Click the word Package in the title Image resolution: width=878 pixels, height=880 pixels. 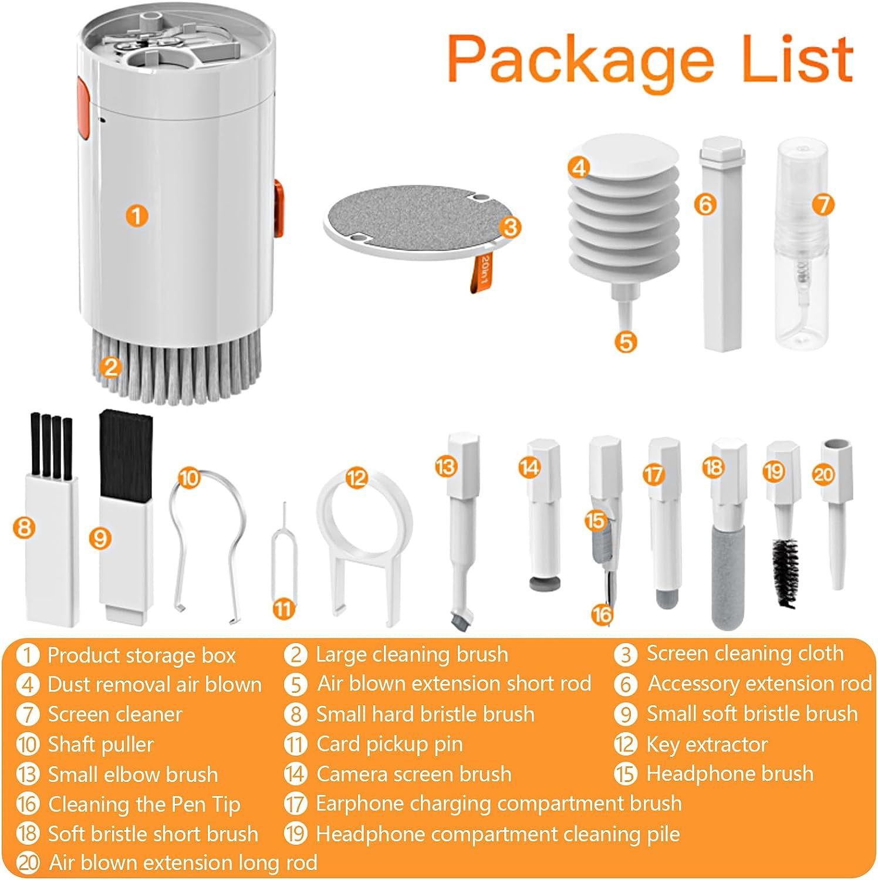[x=580, y=60]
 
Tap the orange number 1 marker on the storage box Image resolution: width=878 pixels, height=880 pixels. [x=136, y=215]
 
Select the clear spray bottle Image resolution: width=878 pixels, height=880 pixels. [x=800, y=245]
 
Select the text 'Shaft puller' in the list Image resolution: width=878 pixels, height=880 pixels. [x=100, y=744]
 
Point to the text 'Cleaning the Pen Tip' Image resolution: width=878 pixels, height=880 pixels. [x=144, y=804]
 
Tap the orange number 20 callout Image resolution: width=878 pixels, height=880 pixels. [x=823, y=473]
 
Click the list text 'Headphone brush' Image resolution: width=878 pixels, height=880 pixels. [x=730, y=774]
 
